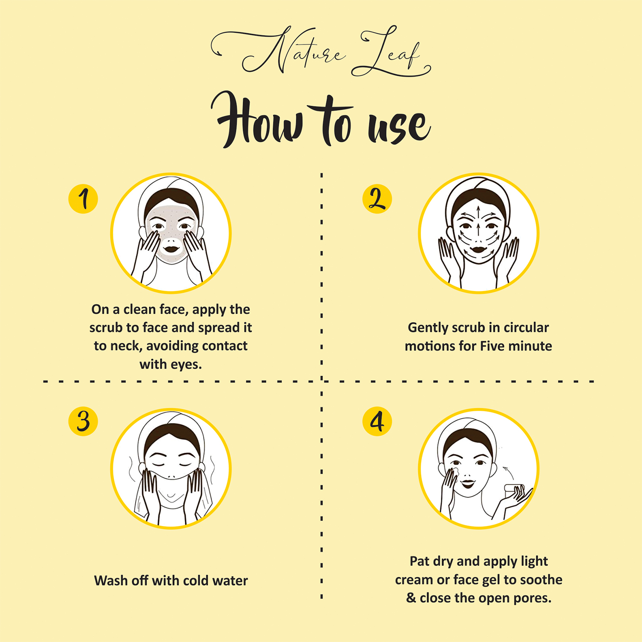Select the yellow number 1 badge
point(83,199)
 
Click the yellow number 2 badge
point(377,199)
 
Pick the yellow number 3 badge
point(83,421)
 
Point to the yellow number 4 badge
point(377,421)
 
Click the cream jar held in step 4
point(514,489)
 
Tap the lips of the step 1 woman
point(172,248)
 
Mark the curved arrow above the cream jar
point(508,473)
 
